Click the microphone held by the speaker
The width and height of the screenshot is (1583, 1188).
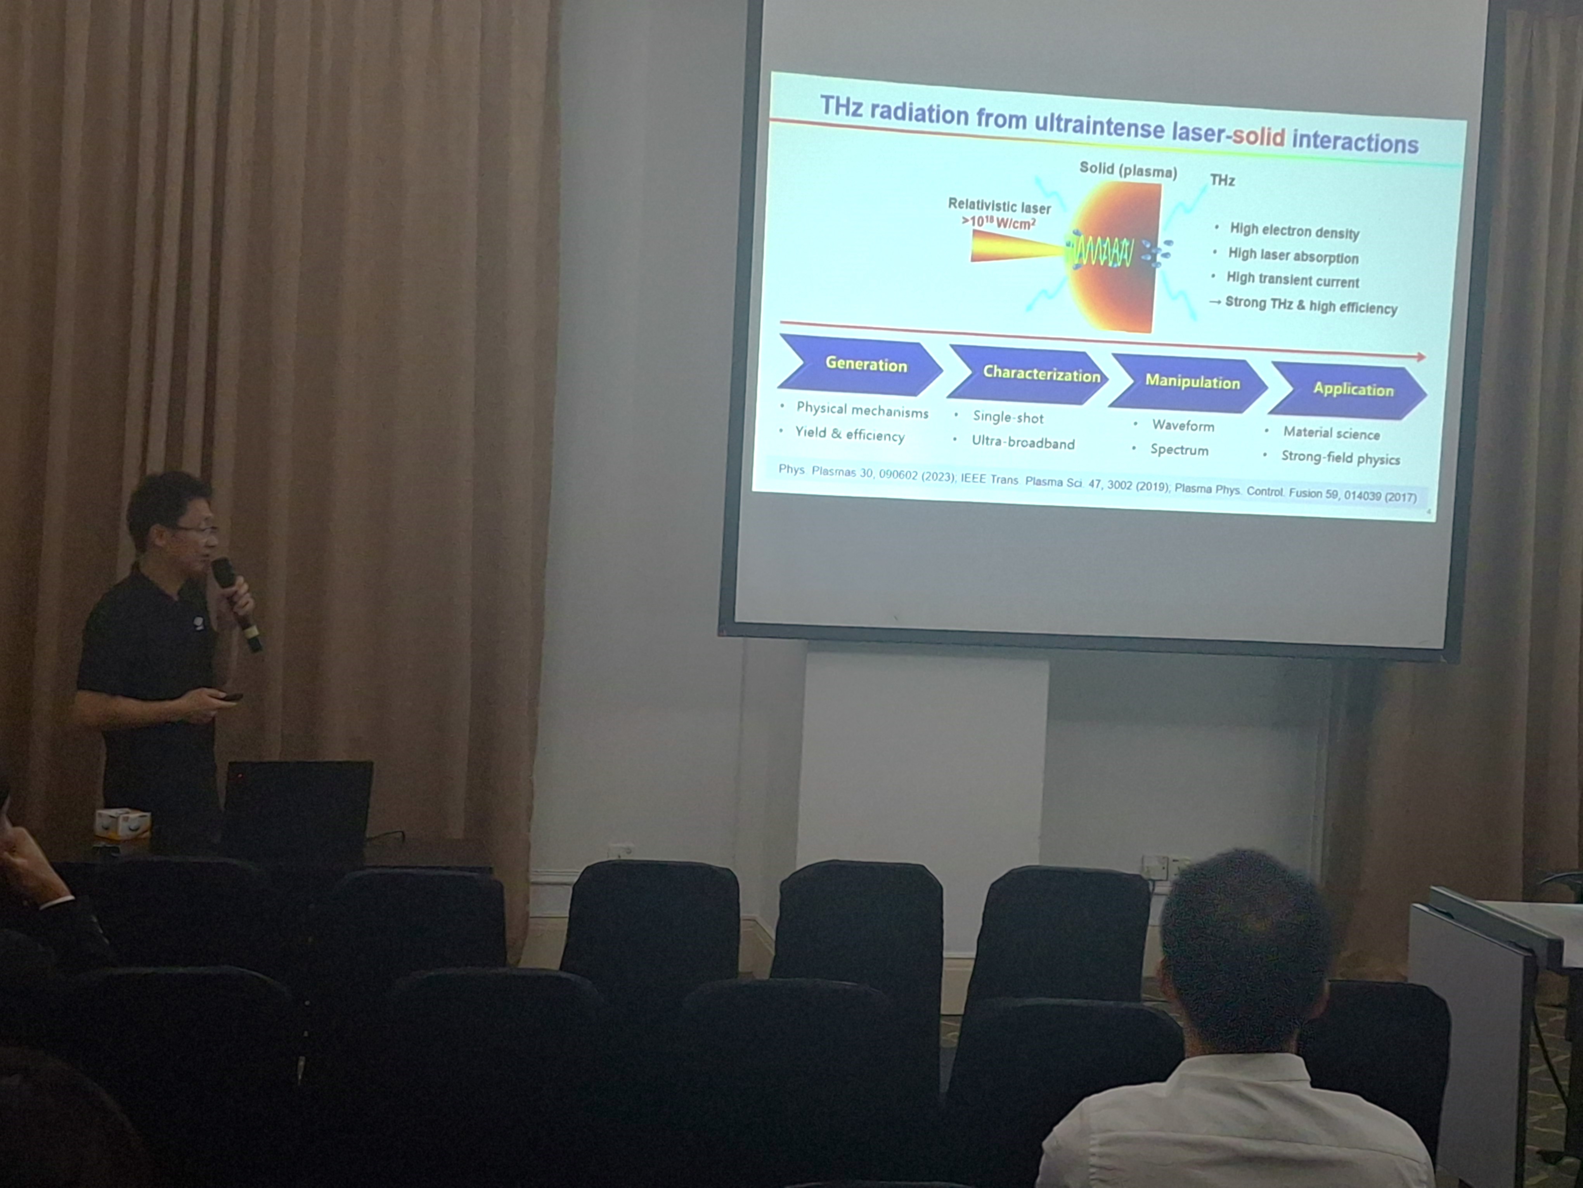[x=236, y=603]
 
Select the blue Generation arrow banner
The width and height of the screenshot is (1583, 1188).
[x=860, y=365]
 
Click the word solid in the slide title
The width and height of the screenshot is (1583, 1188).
[x=1259, y=135]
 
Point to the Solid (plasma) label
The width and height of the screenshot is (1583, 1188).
[x=1128, y=170]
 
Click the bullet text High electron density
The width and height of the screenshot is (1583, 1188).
[x=1294, y=231]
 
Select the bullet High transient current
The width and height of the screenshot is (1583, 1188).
[x=1292, y=280]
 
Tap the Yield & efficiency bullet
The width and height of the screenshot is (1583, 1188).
[x=849, y=434]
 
